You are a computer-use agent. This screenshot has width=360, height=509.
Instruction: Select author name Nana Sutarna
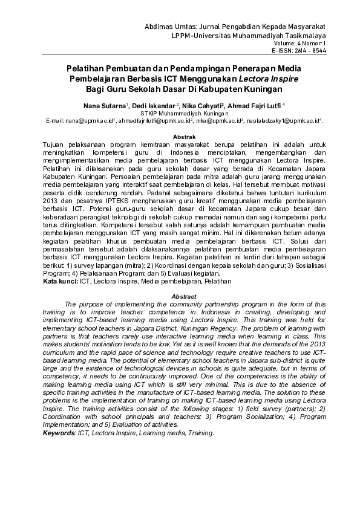[100, 105]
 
